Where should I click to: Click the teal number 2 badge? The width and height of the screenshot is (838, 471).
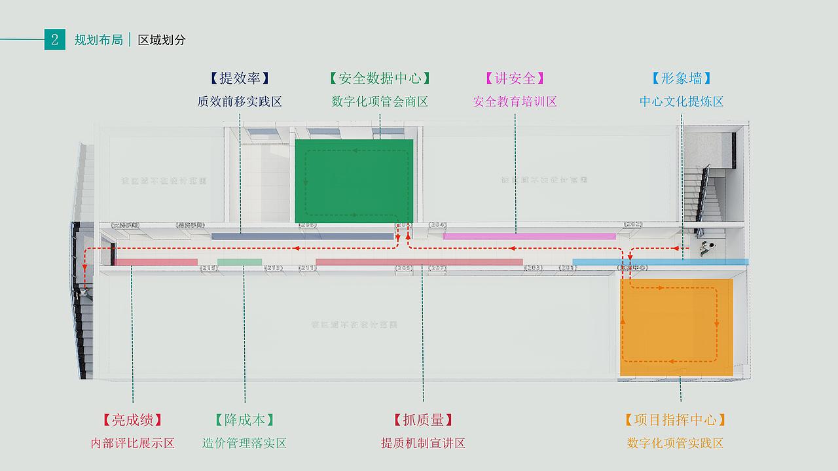54,39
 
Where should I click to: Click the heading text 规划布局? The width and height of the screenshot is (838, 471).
98,40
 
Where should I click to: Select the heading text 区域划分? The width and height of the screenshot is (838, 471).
162,40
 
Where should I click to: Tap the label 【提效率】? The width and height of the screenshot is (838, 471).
240,78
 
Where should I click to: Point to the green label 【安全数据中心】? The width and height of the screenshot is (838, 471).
380,78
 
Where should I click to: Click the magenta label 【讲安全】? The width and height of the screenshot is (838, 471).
515,78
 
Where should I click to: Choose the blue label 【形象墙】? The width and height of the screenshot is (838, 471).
682,78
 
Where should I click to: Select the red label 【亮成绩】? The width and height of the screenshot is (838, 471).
132,420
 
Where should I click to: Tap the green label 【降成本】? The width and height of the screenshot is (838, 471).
244,420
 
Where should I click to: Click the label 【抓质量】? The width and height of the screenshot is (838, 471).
423,420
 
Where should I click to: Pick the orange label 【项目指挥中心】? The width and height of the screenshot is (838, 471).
675,420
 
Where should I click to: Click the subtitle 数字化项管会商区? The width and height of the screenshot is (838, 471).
380,101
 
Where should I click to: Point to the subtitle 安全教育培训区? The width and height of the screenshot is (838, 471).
515,101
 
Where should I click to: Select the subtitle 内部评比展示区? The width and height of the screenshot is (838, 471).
132,443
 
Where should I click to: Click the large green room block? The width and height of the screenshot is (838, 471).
354,181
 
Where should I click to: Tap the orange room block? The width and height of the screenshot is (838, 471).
676,327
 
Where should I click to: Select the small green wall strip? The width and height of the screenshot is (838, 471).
240,262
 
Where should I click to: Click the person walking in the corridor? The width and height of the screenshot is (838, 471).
706,248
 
